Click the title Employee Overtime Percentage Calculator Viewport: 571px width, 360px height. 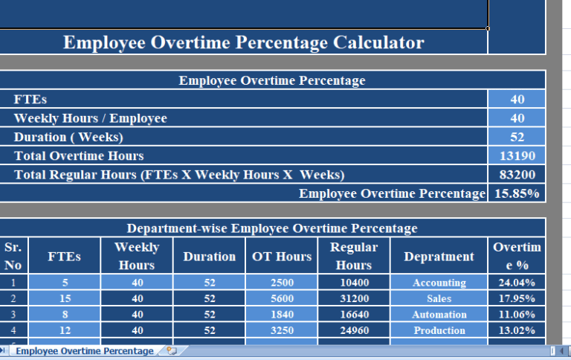[243, 42]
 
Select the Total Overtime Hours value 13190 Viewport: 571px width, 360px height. [517, 156]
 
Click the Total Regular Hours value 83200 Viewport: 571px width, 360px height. [517, 175]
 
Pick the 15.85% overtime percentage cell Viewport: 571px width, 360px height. [517, 193]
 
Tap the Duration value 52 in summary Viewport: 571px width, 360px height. [517, 137]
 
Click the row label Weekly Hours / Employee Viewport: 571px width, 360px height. [90, 118]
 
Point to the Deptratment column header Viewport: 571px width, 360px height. [439, 257]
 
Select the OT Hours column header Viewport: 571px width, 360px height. [282, 257]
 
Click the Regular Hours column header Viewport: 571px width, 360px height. [353, 256]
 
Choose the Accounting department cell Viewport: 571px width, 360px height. [439, 283]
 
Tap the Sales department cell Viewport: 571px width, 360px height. [439, 298]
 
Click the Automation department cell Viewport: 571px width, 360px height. [439, 315]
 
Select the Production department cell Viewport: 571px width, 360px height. [439, 330]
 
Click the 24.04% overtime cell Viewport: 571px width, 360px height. [517, 283]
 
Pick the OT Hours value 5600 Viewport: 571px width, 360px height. [282, 298]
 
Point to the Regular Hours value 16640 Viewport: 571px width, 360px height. [353, 315]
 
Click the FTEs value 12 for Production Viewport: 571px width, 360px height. [64, 330]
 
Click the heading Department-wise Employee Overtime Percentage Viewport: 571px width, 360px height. [272, 228]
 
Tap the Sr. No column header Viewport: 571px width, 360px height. [13, 256]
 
